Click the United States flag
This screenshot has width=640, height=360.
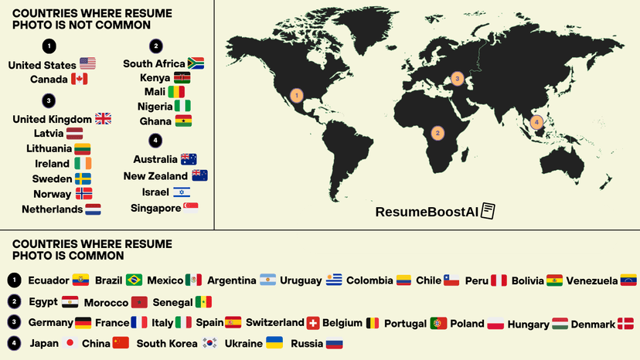click(x=87, y=64)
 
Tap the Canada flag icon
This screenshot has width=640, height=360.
click(x=79, y=79)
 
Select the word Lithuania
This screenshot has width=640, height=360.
click(x=49, y=148)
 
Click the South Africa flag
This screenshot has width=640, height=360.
click(x=196, y=63)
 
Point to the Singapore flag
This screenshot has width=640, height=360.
click(x=191, y=207)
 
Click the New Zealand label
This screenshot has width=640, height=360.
click(x=155, y=176)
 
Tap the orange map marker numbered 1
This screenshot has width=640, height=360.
click(x=296, y=95)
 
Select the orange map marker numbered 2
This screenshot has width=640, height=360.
click(x=437, y=133)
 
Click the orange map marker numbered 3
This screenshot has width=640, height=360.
click(x=457, y=78)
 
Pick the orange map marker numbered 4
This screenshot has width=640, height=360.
click(x=537, y=121)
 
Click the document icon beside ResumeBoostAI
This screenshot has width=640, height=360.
click(x=488, y=211)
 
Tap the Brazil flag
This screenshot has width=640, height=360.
click(x=134, y=280)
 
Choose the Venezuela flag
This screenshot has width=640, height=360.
click(x=629, y=280)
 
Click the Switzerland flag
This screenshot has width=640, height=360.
click(x=312, y=323)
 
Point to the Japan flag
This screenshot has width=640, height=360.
click(x=70, y=343)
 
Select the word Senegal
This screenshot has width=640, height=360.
click(x=172, y=302)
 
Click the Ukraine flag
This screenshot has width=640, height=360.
click(x=274, y=343)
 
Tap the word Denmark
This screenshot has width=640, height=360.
click(x=593, y=324)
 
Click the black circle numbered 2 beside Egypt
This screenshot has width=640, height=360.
click(x=15, y=302)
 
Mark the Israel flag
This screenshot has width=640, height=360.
click(x=181, y=192)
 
